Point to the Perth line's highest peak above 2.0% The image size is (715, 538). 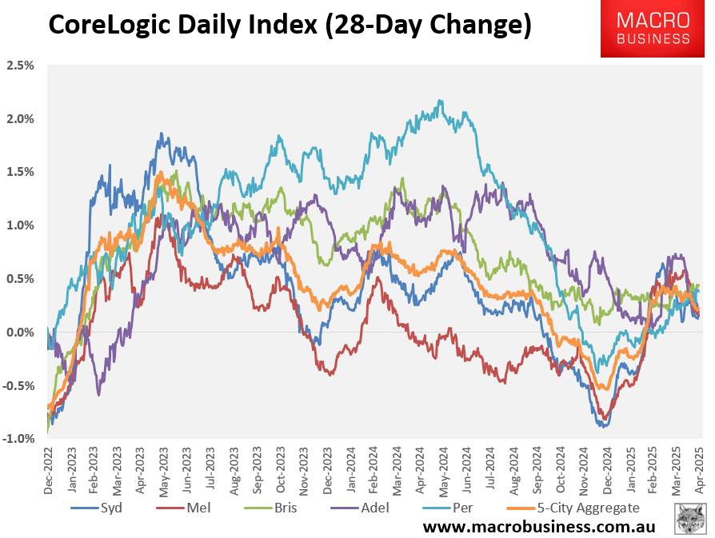pyautogui.click(x=440, y=101)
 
